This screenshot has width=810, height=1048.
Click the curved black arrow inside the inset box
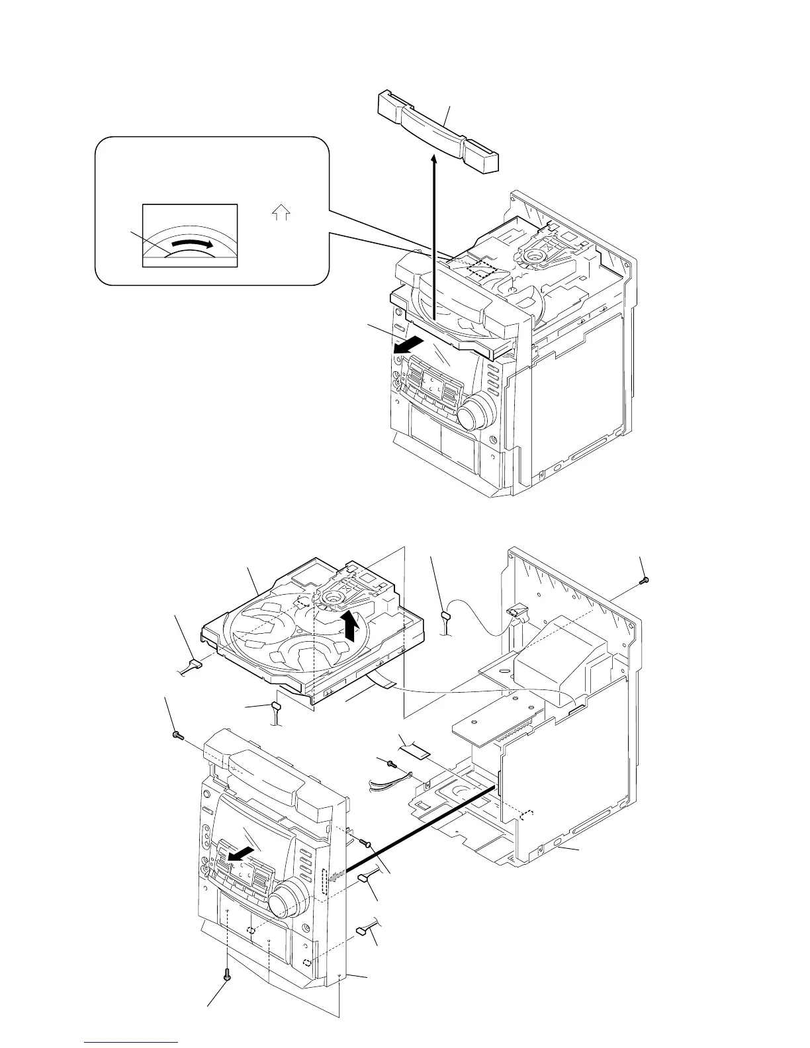191,245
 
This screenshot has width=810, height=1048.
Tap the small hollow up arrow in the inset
281,213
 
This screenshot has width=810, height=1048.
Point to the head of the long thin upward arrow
434,161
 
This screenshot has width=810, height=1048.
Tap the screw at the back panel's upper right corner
645,580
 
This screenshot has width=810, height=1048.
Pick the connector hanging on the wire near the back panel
446,617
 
